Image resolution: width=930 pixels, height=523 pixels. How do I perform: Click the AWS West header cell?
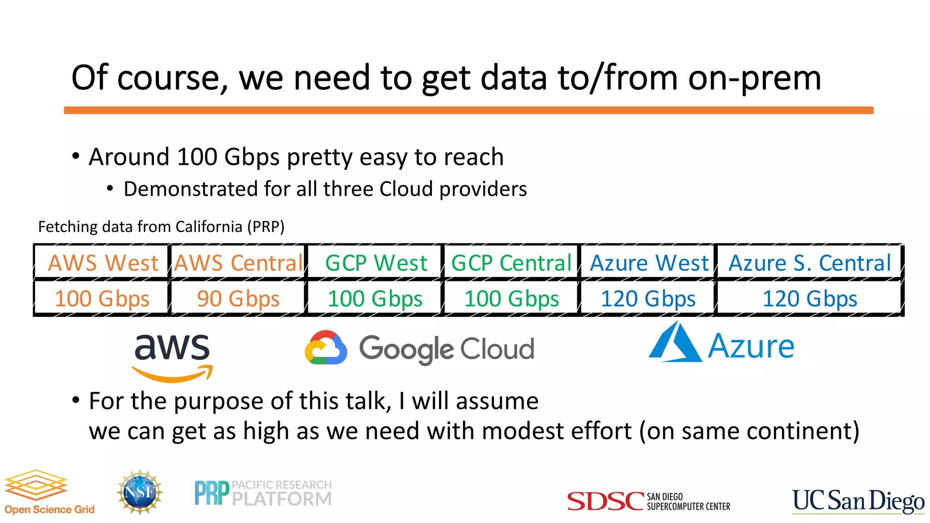point(103,263)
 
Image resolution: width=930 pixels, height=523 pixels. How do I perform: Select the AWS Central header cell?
point(238,263)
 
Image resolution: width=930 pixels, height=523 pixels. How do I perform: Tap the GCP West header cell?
point(376,263)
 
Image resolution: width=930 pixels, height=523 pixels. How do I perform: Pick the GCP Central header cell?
point(511,263)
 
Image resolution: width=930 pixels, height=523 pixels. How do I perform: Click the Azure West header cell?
point(649,263)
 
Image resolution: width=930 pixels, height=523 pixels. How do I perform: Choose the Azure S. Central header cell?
point(810,263)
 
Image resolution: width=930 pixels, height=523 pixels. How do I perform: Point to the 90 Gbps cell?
point(238,299)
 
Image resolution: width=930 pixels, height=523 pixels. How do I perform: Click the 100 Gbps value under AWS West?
point(102,299)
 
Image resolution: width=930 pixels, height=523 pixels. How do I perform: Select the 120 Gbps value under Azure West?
point(648,299)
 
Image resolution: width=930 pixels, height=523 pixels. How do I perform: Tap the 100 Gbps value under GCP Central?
point(511,299)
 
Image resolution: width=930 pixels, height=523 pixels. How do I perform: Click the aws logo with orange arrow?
point(172,356)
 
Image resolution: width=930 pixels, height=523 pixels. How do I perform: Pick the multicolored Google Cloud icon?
point(326,348)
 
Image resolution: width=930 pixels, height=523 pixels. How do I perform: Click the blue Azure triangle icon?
point(675,343)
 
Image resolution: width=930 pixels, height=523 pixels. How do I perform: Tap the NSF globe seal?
point(140,492)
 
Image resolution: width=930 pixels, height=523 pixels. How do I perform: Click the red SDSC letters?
point(606,501)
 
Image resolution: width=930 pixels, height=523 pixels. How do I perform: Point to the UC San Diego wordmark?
point(858,501)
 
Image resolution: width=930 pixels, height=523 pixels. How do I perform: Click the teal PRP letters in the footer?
point(212,493)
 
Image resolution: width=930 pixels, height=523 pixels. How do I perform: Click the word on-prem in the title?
point(755,78)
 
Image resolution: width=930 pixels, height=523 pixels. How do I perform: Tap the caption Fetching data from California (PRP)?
point(161,227)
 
